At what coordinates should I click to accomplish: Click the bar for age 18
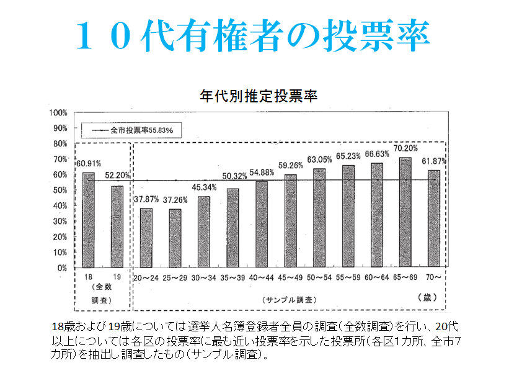[x=88, y=220]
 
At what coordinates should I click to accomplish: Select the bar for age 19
[x=117, y=227]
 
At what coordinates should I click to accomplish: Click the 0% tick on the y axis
[x=61, y=268]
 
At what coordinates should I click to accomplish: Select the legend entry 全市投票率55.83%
[x=136, y=130]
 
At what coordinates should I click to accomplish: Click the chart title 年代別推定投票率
[x=259, y=97]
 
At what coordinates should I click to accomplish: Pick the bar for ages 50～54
[x=319, y=218]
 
